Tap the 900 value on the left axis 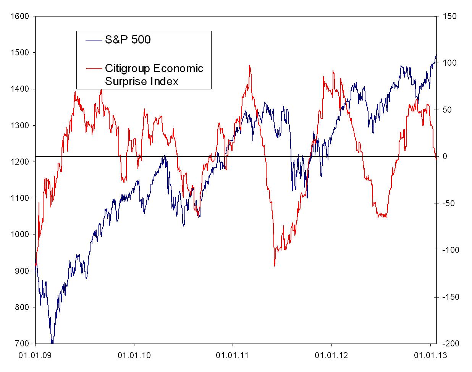click(23, 271)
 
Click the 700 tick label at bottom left click(23, 343)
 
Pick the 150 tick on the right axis click(449, 16)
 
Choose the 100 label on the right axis click(449, 63)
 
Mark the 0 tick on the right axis click(445, 157)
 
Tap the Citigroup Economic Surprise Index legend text click(154, 75)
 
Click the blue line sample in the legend click(93, 39)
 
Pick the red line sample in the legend click(93, 69)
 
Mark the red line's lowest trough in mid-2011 click(274, 265)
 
